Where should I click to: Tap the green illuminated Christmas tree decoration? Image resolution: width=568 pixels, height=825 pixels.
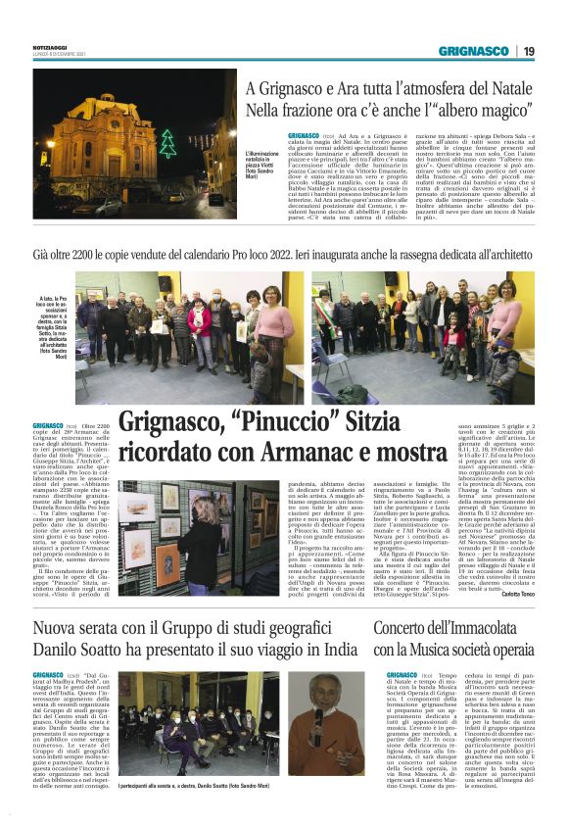pos(167,143)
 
